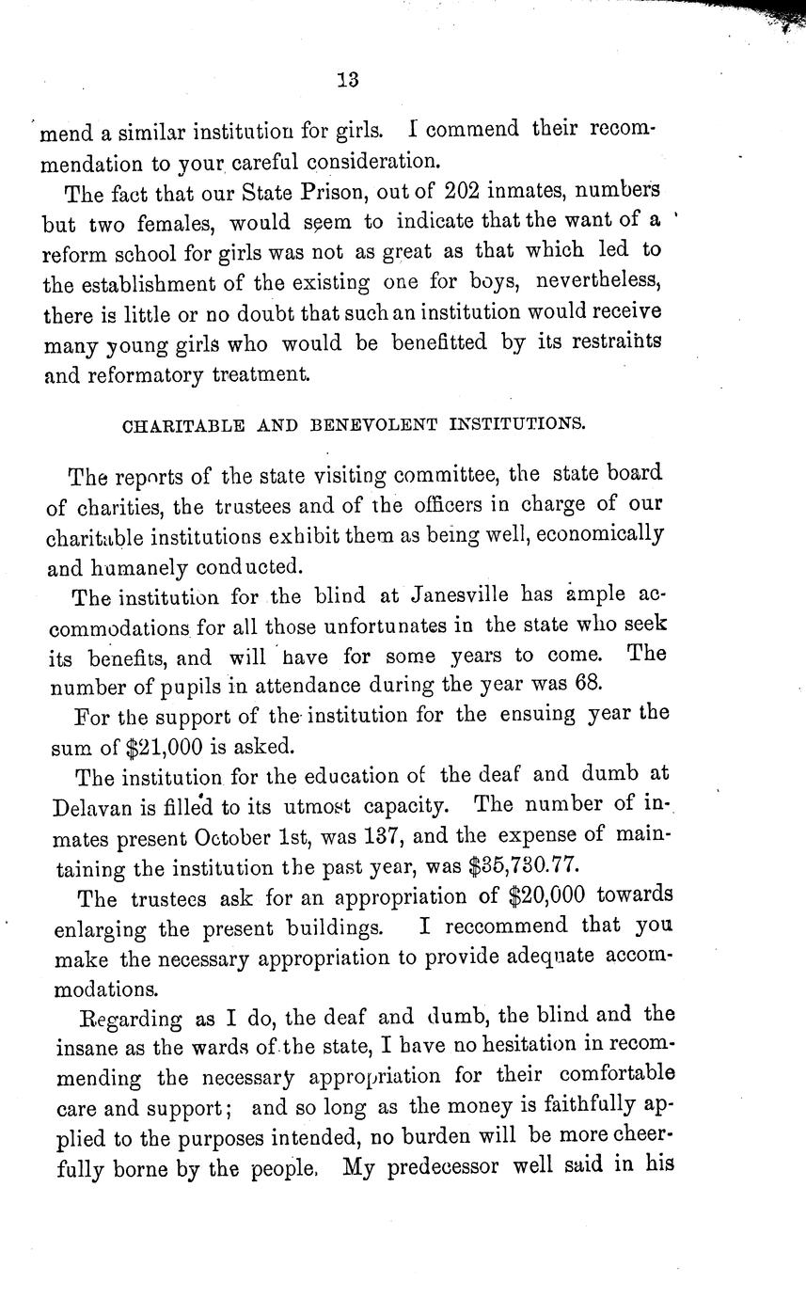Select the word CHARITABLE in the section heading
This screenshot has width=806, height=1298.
180,425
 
